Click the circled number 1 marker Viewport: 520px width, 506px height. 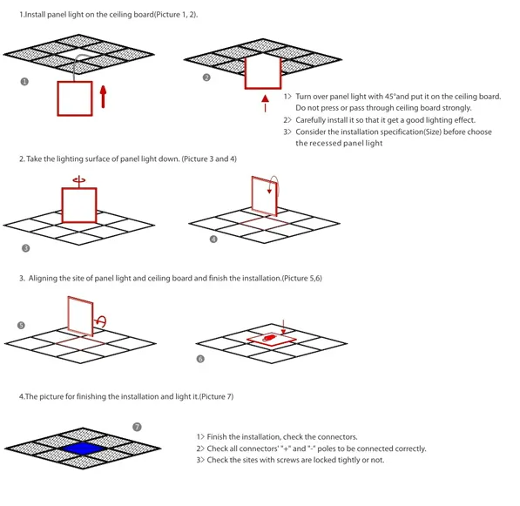coord(24,82)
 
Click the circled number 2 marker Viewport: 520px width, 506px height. coord(206,78)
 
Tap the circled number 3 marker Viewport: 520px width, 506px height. coord(25,248)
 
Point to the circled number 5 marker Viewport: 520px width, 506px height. coord(22,325)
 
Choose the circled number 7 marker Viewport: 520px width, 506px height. coord(137,427)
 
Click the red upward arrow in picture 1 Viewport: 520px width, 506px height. coord(104,96)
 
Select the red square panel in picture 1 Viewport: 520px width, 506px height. coord(75,98)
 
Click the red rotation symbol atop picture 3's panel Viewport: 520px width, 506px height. coord(78,179)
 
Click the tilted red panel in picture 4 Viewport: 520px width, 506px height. coord(264,194)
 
